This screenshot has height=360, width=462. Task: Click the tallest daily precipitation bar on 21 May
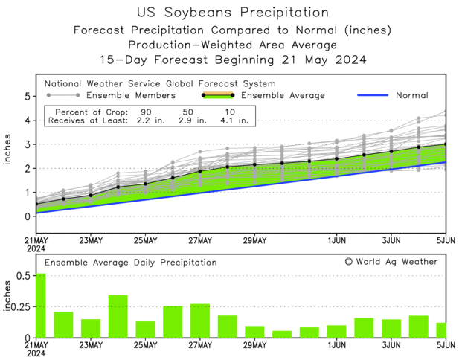click(41, 306)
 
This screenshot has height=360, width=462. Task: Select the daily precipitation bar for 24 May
click(118, 316)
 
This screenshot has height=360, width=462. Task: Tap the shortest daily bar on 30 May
click(282, 334)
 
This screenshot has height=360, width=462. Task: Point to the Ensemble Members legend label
click(130, 95)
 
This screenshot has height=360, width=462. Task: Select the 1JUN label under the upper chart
click(336, 240)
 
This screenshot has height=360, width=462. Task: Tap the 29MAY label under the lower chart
click(254, 346)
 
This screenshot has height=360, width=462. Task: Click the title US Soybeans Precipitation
click(233, 13)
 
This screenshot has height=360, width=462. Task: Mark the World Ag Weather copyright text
click(391, 261)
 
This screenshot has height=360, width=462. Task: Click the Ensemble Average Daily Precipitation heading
click(130, 262)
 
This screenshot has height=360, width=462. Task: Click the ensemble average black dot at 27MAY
click(200, 171)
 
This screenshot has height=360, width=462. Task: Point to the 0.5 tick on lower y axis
click(22, 275)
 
